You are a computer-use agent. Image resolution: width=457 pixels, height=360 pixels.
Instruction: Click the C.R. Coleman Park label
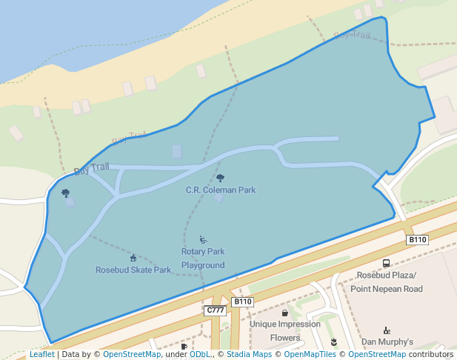click(221, 190)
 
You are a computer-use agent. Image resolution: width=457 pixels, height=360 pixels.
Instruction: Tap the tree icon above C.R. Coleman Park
click(220, 178)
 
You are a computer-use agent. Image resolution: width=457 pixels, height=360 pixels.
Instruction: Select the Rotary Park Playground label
click(203, 258)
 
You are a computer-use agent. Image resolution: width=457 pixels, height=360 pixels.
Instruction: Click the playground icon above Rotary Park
click(203, 239)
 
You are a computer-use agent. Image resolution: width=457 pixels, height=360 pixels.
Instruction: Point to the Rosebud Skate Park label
click(133, 270)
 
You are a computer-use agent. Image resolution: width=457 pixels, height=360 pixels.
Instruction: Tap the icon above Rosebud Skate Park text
click(133, 258)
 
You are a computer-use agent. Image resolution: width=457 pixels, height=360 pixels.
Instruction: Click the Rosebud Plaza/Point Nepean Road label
click(387, 281)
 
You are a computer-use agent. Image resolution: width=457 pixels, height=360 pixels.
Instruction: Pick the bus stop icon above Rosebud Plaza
click(386, 263)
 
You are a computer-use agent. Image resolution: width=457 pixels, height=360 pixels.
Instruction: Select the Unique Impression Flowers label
click(285, 330)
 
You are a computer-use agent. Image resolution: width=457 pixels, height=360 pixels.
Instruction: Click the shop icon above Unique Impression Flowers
click(285, 313)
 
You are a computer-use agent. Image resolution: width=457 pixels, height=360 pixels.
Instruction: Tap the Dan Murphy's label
click(387, 342)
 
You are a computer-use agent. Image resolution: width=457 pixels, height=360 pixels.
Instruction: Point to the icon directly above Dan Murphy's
click(386, 330)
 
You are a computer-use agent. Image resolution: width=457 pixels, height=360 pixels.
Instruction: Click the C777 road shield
click(215, 310)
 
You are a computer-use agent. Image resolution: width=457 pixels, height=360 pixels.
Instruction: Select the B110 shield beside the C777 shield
click(243, 302)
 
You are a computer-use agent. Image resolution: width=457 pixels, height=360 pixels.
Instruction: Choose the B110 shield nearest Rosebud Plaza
click(418, 240)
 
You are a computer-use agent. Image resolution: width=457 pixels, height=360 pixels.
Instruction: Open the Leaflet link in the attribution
click(41, 355)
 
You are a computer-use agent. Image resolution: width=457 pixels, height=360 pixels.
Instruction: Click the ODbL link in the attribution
click(199, 355)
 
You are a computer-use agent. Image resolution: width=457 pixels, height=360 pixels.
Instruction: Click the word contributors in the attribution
click(430, 355)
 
